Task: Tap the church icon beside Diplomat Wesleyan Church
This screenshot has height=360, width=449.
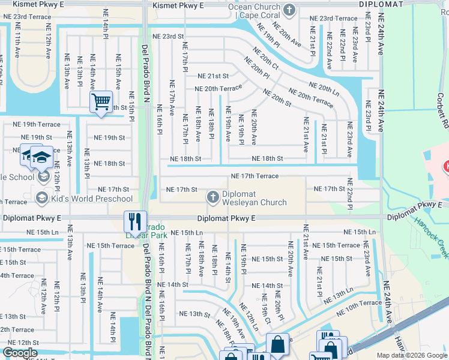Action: [213, 197]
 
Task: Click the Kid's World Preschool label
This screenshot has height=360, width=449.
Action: [92, 198]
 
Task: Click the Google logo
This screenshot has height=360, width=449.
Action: [20, 353]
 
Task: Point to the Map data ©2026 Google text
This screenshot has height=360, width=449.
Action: [412, 355]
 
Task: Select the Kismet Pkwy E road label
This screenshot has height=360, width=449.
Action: [178, 5]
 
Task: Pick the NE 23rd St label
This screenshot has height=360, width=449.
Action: [168, 36]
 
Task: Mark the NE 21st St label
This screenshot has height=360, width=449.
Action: [214, 76]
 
